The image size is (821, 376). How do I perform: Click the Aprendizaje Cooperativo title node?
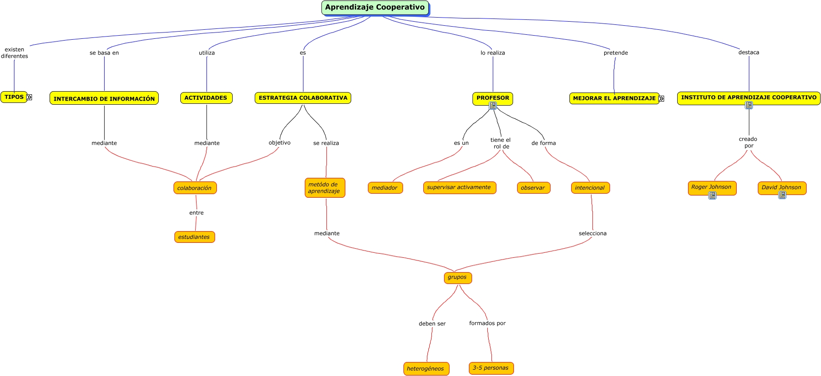pos(375,8)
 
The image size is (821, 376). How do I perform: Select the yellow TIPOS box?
pos(14,97)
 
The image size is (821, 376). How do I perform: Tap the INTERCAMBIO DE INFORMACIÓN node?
pos(104,98)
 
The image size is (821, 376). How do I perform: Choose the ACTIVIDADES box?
pos(206,98)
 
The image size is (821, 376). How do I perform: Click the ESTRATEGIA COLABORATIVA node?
pos(303,98)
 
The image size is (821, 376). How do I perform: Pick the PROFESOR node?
pos(492,98)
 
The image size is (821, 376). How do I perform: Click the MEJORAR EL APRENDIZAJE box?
pos(614,98)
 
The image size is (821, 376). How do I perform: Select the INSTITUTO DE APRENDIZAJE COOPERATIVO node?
pos(748,97)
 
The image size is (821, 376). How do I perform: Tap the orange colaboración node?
pos(195,188)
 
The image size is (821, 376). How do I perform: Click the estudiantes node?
pos(194,237)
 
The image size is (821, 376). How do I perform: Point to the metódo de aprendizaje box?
pos(325,188)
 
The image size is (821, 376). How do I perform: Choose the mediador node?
pos(385,188)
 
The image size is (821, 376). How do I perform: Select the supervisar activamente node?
pos(459,187)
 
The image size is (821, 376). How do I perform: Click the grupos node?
pos(458,278)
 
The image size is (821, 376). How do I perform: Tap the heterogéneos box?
pos(426,369)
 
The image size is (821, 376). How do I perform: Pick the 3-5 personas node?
pos(491,368)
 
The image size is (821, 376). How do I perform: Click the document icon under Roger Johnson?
pos(712,195)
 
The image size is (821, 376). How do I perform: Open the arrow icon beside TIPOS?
pos(29,97)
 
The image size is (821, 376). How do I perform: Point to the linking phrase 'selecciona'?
pos(592,233)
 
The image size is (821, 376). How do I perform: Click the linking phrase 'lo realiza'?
pos(493,53)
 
